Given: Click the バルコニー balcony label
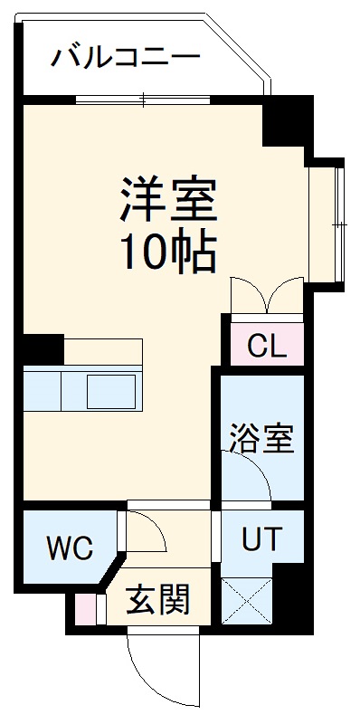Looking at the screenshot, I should [x=125, y=58].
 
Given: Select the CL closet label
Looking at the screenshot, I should [x=265, y=345].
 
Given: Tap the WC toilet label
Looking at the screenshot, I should [x=70, y=548].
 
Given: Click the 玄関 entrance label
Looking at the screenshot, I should [x=156, y=598].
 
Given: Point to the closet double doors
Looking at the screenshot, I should [x=266, y=297].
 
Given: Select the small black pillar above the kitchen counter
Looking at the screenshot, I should [x=43, y=348].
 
